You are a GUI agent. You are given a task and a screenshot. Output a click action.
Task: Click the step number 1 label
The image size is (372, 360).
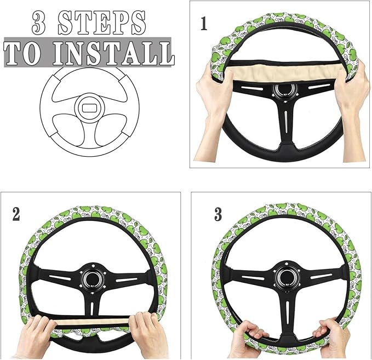tap(204, 24)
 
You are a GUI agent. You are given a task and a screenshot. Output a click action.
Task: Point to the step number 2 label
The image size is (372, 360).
tap(16, 214)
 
